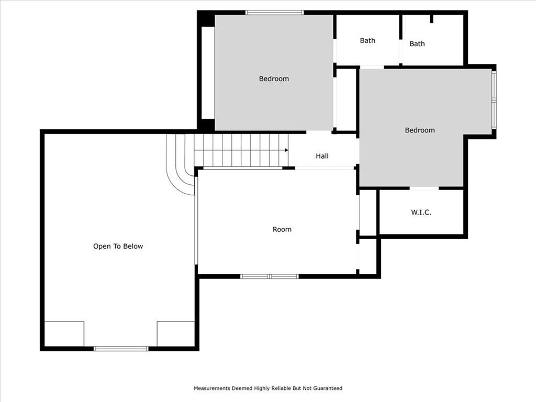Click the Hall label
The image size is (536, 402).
tap(322, 156)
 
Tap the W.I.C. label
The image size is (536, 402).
tap(421, 213)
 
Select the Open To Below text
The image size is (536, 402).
tap(118, 247)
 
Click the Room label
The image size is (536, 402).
tap(282, 229)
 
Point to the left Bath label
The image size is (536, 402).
tap(367, 41)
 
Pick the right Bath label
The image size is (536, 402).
tap(417, 44)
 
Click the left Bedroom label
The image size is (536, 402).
tap(274, 79)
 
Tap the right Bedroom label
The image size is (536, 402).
tap(420, 130)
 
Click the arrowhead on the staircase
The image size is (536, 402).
tap(286, 150)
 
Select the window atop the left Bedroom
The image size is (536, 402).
tap(274, 13)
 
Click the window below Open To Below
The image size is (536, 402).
tap(121, 349)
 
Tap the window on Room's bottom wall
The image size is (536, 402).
tap(270, 276)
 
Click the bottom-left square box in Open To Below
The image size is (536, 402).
tap(64, 333)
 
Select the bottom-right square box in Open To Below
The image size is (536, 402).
tap(176, 333)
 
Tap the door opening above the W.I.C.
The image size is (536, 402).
tap(424, 188)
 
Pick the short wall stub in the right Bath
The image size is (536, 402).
tap(432, 19)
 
